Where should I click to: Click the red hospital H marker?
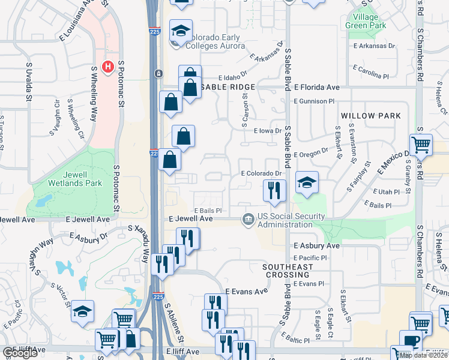point(108,66)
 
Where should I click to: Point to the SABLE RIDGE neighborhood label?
point(231,88)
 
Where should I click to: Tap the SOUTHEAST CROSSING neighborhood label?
point(288,271)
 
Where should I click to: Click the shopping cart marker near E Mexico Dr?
point(421,145)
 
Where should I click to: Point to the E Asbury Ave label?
point(316,246)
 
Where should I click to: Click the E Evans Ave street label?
point(246,292)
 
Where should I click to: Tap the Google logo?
point(20,353)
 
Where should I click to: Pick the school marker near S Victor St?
point(82,311)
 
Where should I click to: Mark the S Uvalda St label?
point(29,83)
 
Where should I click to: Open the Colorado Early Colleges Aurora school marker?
point(180,30)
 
